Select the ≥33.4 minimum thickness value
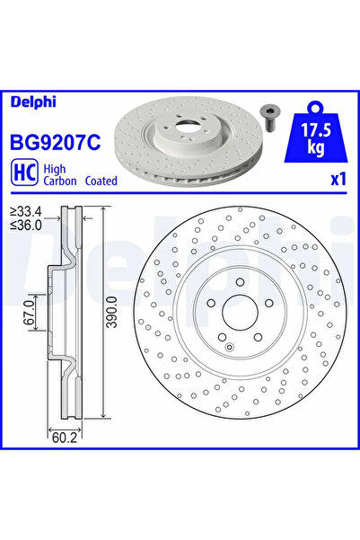tap(26, 213)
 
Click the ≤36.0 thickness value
tap(26, 226)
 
